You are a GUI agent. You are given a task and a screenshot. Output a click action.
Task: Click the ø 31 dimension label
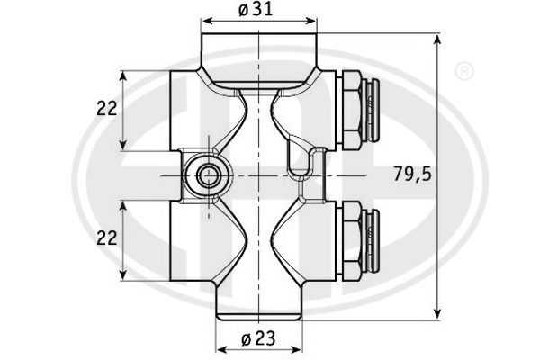tap(256, 10)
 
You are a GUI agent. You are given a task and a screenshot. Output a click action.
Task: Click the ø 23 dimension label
tap(258, 338)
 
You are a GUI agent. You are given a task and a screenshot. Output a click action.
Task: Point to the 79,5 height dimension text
tap(412, 174)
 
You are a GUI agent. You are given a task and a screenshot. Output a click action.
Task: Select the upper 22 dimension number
tap(107, 109)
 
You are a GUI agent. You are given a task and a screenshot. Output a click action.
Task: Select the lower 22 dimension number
tap(107, 238)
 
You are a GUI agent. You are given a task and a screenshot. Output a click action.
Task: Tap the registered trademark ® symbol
tap(464, 72)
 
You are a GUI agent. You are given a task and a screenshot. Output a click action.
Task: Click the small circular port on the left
tap(208, 176)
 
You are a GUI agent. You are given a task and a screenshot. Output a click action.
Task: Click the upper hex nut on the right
tap(351, 110)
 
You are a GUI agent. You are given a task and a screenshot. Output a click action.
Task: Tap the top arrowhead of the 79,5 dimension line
tap(437, 40)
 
